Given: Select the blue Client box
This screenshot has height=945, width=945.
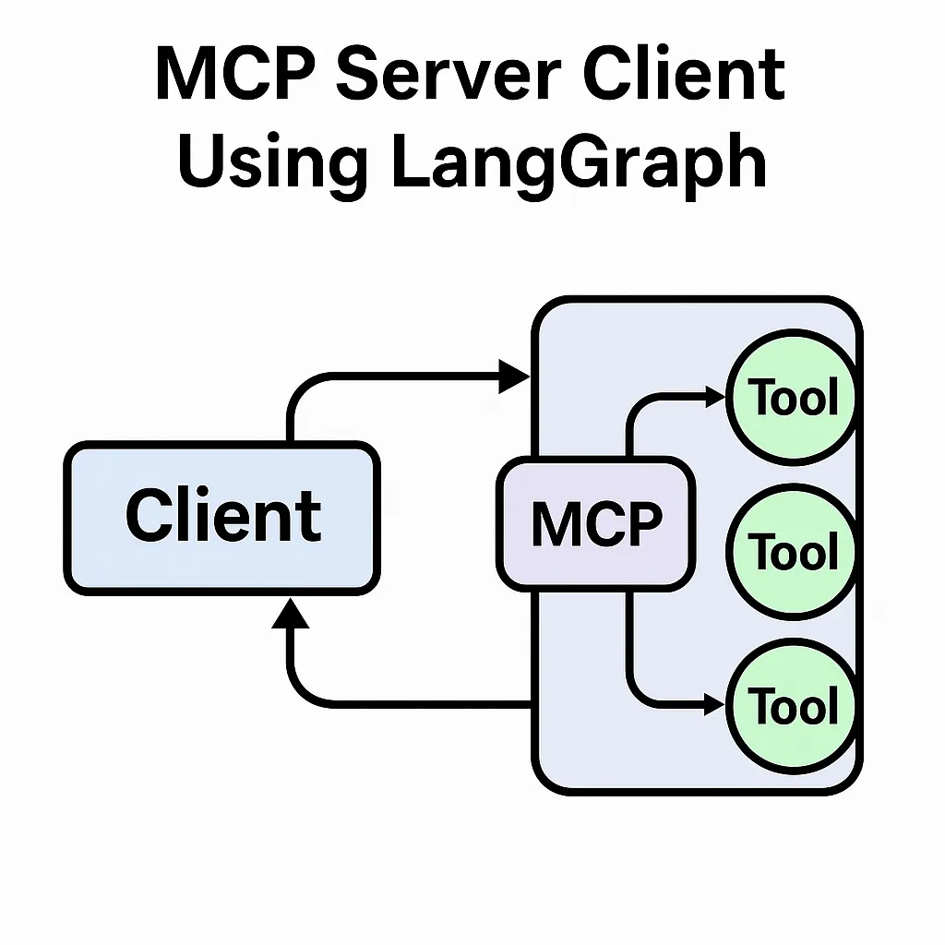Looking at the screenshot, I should pyautogui.click(x=221, y=517).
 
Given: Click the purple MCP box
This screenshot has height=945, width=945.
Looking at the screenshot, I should pyautogui.click(x=596, y=524).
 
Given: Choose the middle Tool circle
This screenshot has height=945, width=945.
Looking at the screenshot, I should pyautogui.click(x=792, y=552).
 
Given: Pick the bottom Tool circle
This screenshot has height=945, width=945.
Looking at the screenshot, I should pyautogui.click(x=792, y=706).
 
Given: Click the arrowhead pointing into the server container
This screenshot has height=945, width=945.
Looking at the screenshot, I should pyautogui.click(x=515, y=376).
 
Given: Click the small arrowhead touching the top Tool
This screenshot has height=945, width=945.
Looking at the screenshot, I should pyautogui.click(x=716, y=396).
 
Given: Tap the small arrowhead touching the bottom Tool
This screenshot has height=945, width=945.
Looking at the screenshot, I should pyautogui.click(x=716, y=706).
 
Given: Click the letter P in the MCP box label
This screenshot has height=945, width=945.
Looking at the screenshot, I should pyautogui.click(x=643, y=524).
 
